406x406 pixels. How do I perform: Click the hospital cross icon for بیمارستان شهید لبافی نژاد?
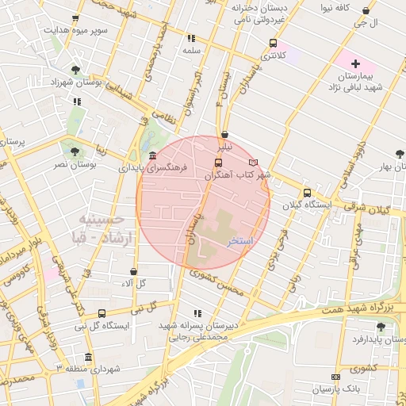(x=354, y=63)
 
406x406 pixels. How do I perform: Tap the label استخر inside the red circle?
(x=239, y=239)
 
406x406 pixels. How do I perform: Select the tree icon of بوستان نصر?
(x=74, y=150)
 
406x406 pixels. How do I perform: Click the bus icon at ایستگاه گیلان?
(x=307, y=192)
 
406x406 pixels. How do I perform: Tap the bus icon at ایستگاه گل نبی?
(x=101, y=313)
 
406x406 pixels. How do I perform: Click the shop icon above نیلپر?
(x=226, y=134)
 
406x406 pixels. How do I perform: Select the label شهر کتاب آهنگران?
(x=239, y=174)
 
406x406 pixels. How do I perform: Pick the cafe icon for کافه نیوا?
(x=365, y=11)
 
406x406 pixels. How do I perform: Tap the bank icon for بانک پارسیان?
(x=335, y=377)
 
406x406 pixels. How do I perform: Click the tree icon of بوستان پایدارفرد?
(x=381, y=327)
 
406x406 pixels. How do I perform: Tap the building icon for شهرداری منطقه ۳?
(x=87, y=357)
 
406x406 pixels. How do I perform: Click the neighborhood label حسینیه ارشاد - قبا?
(x=103, y=227)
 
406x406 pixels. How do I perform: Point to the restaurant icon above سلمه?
(x=190, y=37)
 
